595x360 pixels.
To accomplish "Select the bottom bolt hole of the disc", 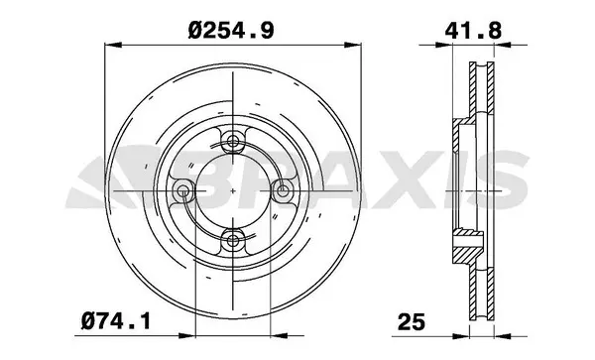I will click(x=233, y=237).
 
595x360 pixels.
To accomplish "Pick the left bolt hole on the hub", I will click(x=183, y=188).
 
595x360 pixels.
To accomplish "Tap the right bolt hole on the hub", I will click(x=282, y=188).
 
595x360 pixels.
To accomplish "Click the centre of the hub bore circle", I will click(x=233, y=188).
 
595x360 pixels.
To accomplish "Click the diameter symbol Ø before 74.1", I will click(x=87, y=319).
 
